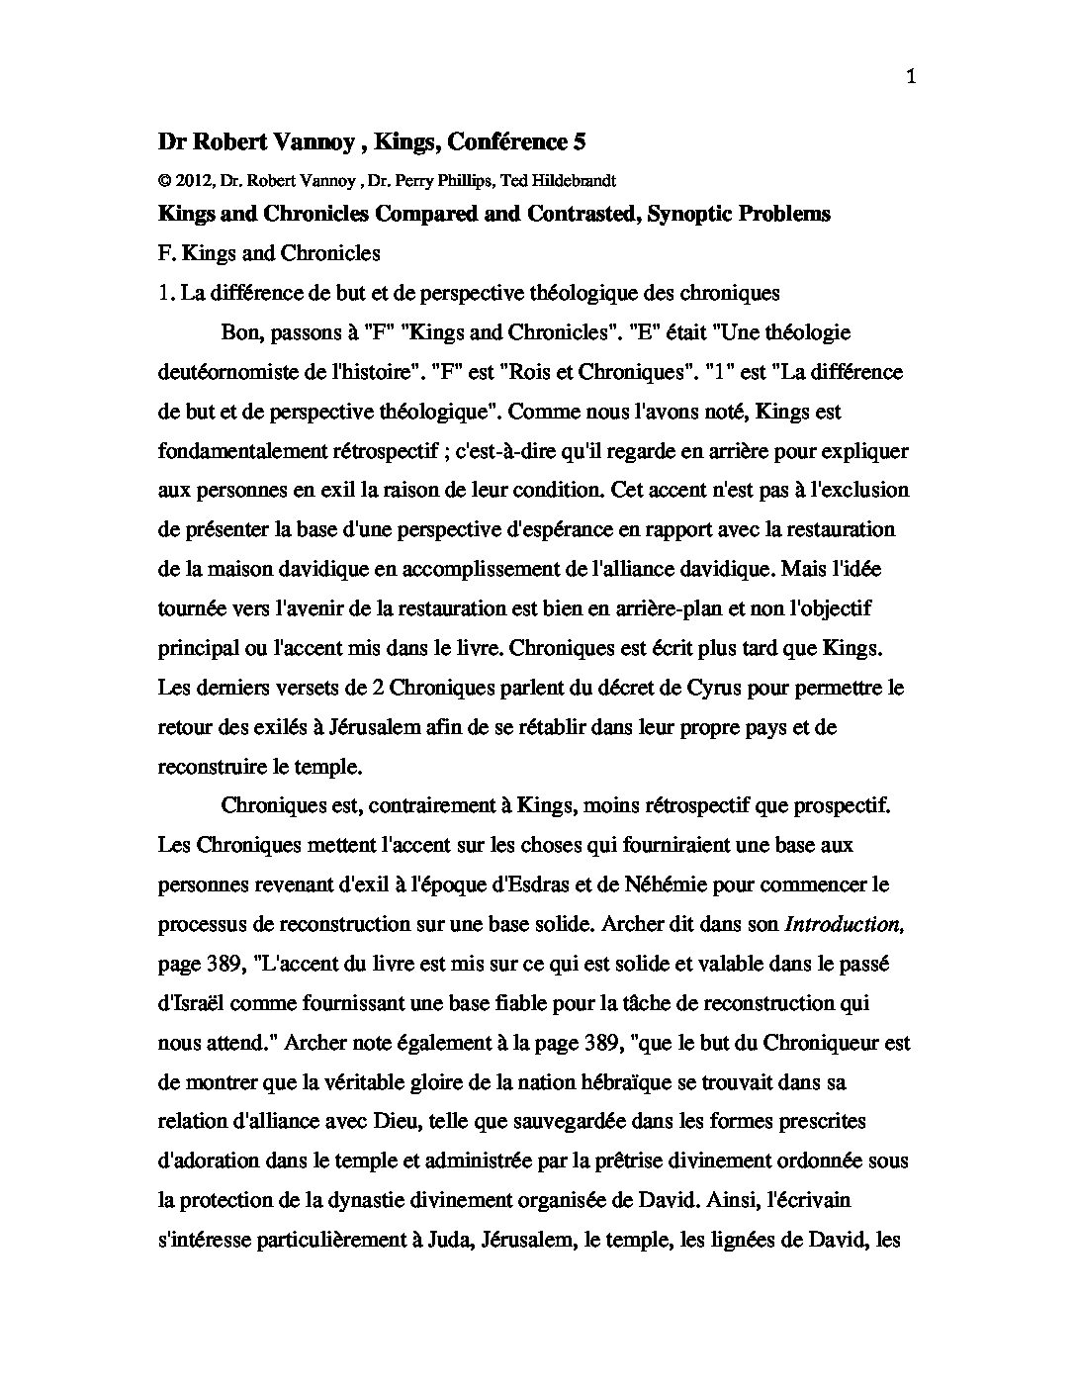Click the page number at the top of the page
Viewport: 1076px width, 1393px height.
tap(910, 79)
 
